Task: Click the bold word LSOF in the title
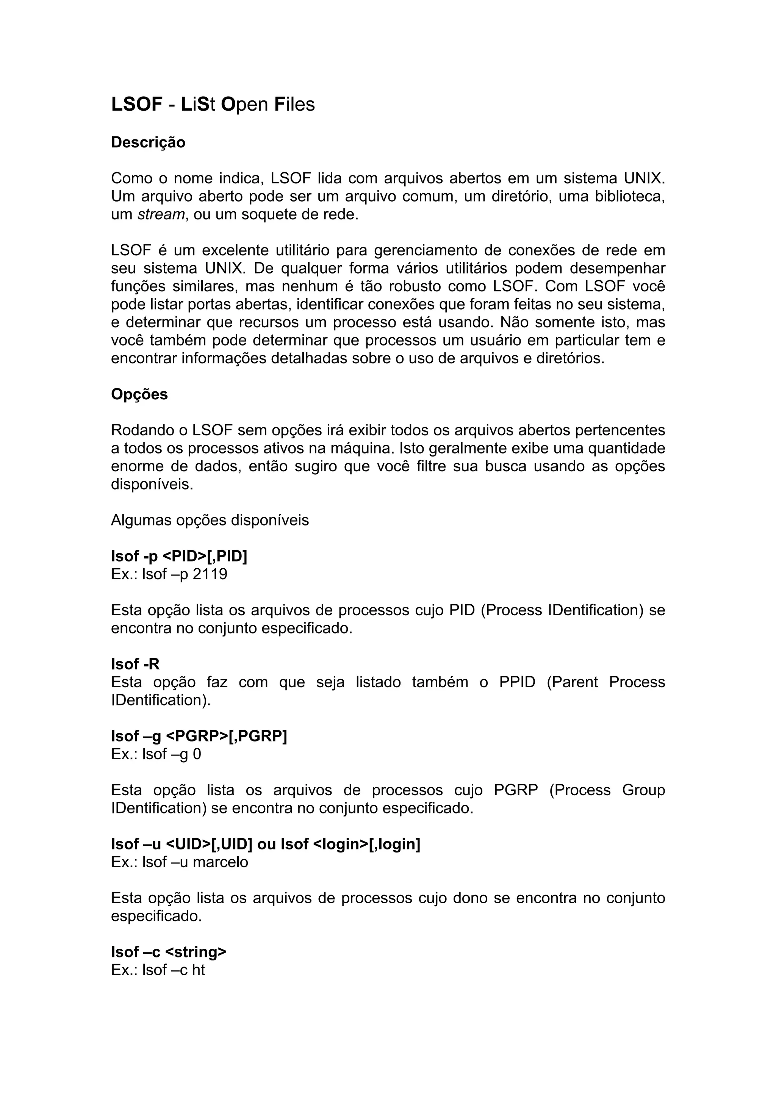137,104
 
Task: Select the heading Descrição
148,142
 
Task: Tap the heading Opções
139,394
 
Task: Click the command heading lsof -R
135,664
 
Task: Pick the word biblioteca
630,197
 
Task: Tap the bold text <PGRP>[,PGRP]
226,736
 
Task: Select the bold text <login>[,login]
367,844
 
